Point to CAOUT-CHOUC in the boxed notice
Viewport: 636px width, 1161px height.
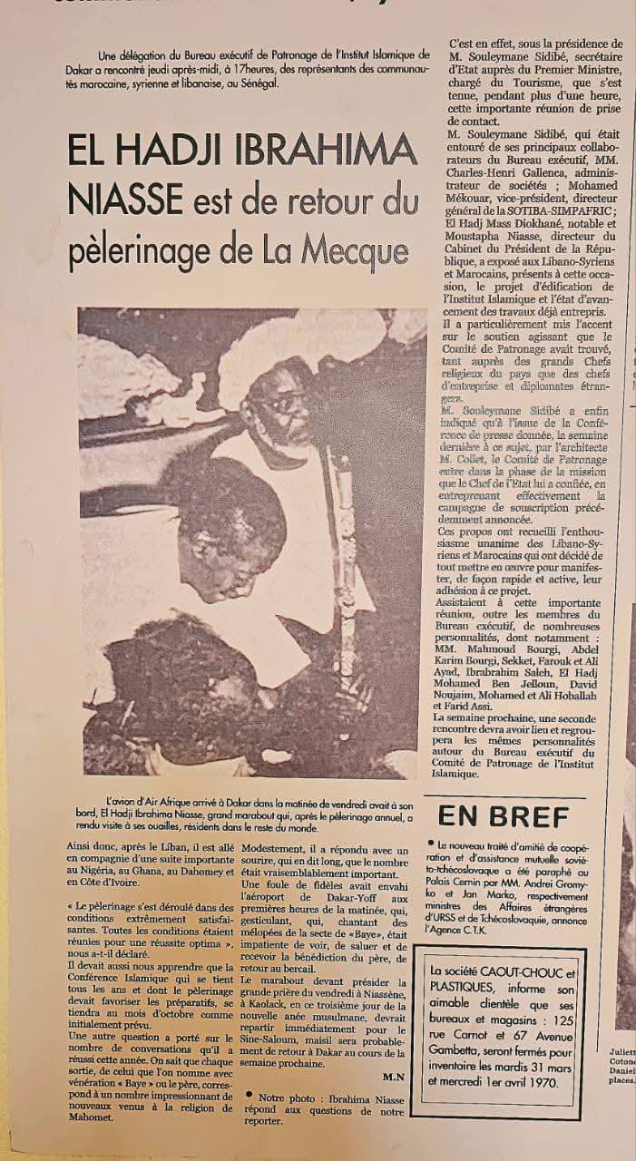(x=522, y=971)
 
